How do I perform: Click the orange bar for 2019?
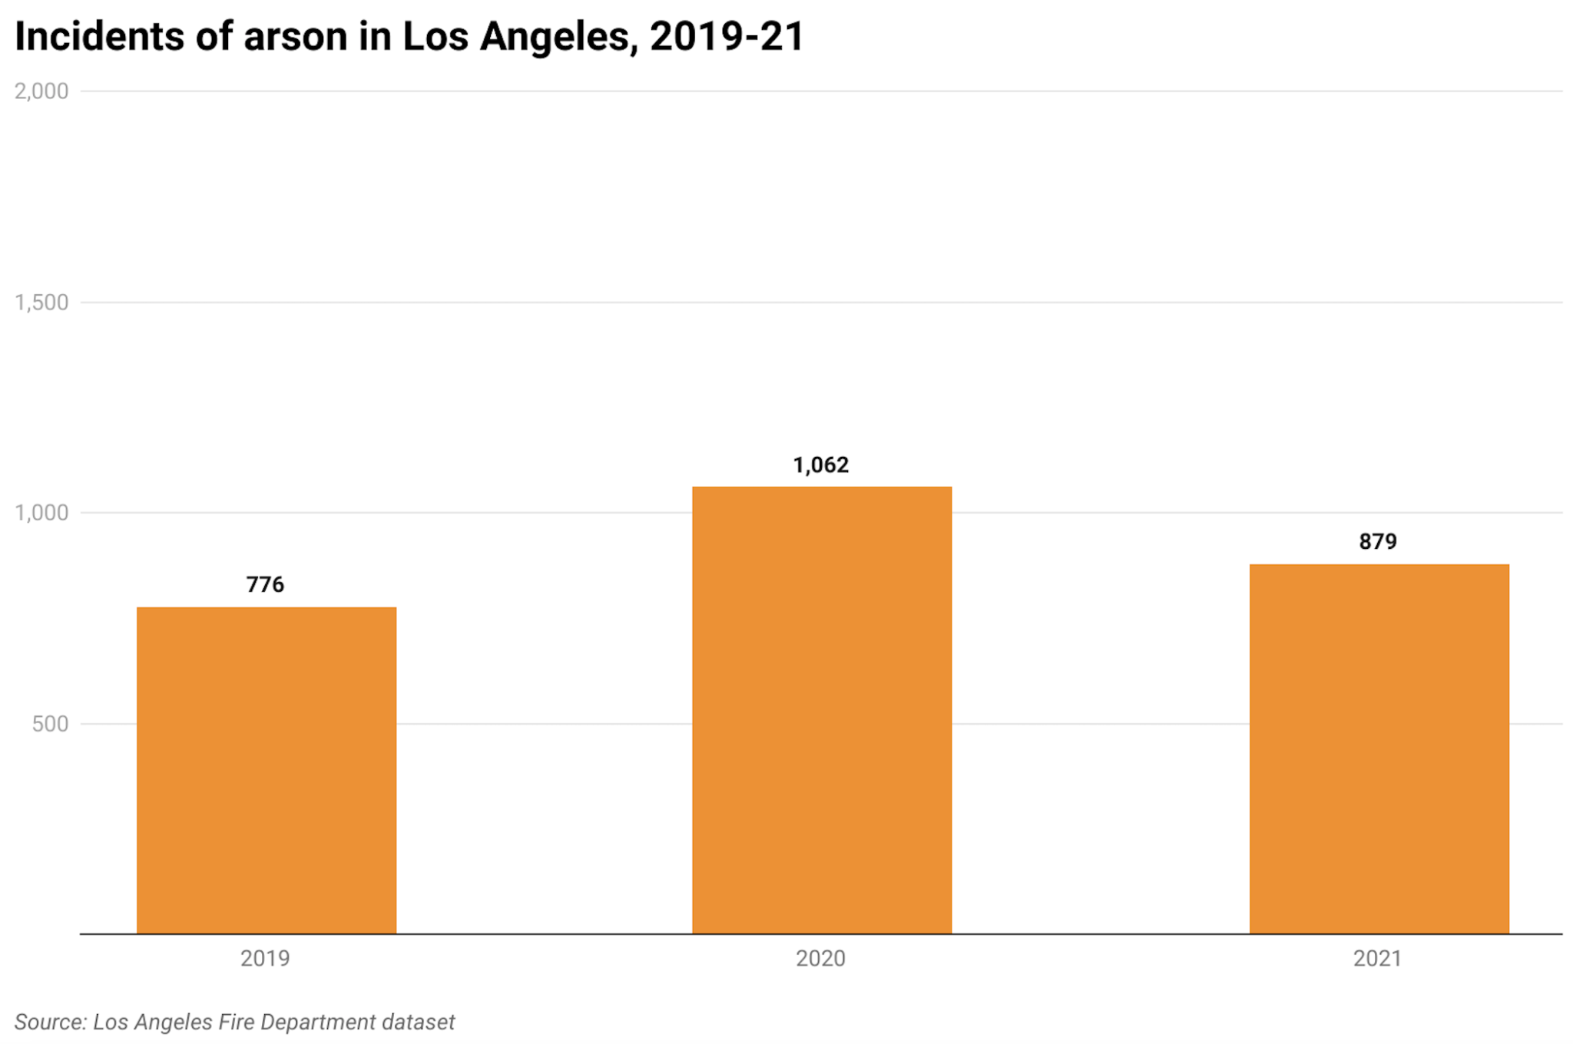267,770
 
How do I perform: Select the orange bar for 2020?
822,710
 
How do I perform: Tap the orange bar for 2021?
1379,748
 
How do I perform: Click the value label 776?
265,585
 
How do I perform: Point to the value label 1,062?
821,465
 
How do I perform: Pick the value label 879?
1378,542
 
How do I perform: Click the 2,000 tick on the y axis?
41,91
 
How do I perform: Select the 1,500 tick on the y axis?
41,302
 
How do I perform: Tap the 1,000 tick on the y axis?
41,513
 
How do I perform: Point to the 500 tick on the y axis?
50,724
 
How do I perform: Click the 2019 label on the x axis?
265,959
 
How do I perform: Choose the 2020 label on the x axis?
820,959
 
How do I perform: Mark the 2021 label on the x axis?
1378,959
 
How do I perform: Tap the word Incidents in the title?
99,37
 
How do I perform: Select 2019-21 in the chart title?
727,37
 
